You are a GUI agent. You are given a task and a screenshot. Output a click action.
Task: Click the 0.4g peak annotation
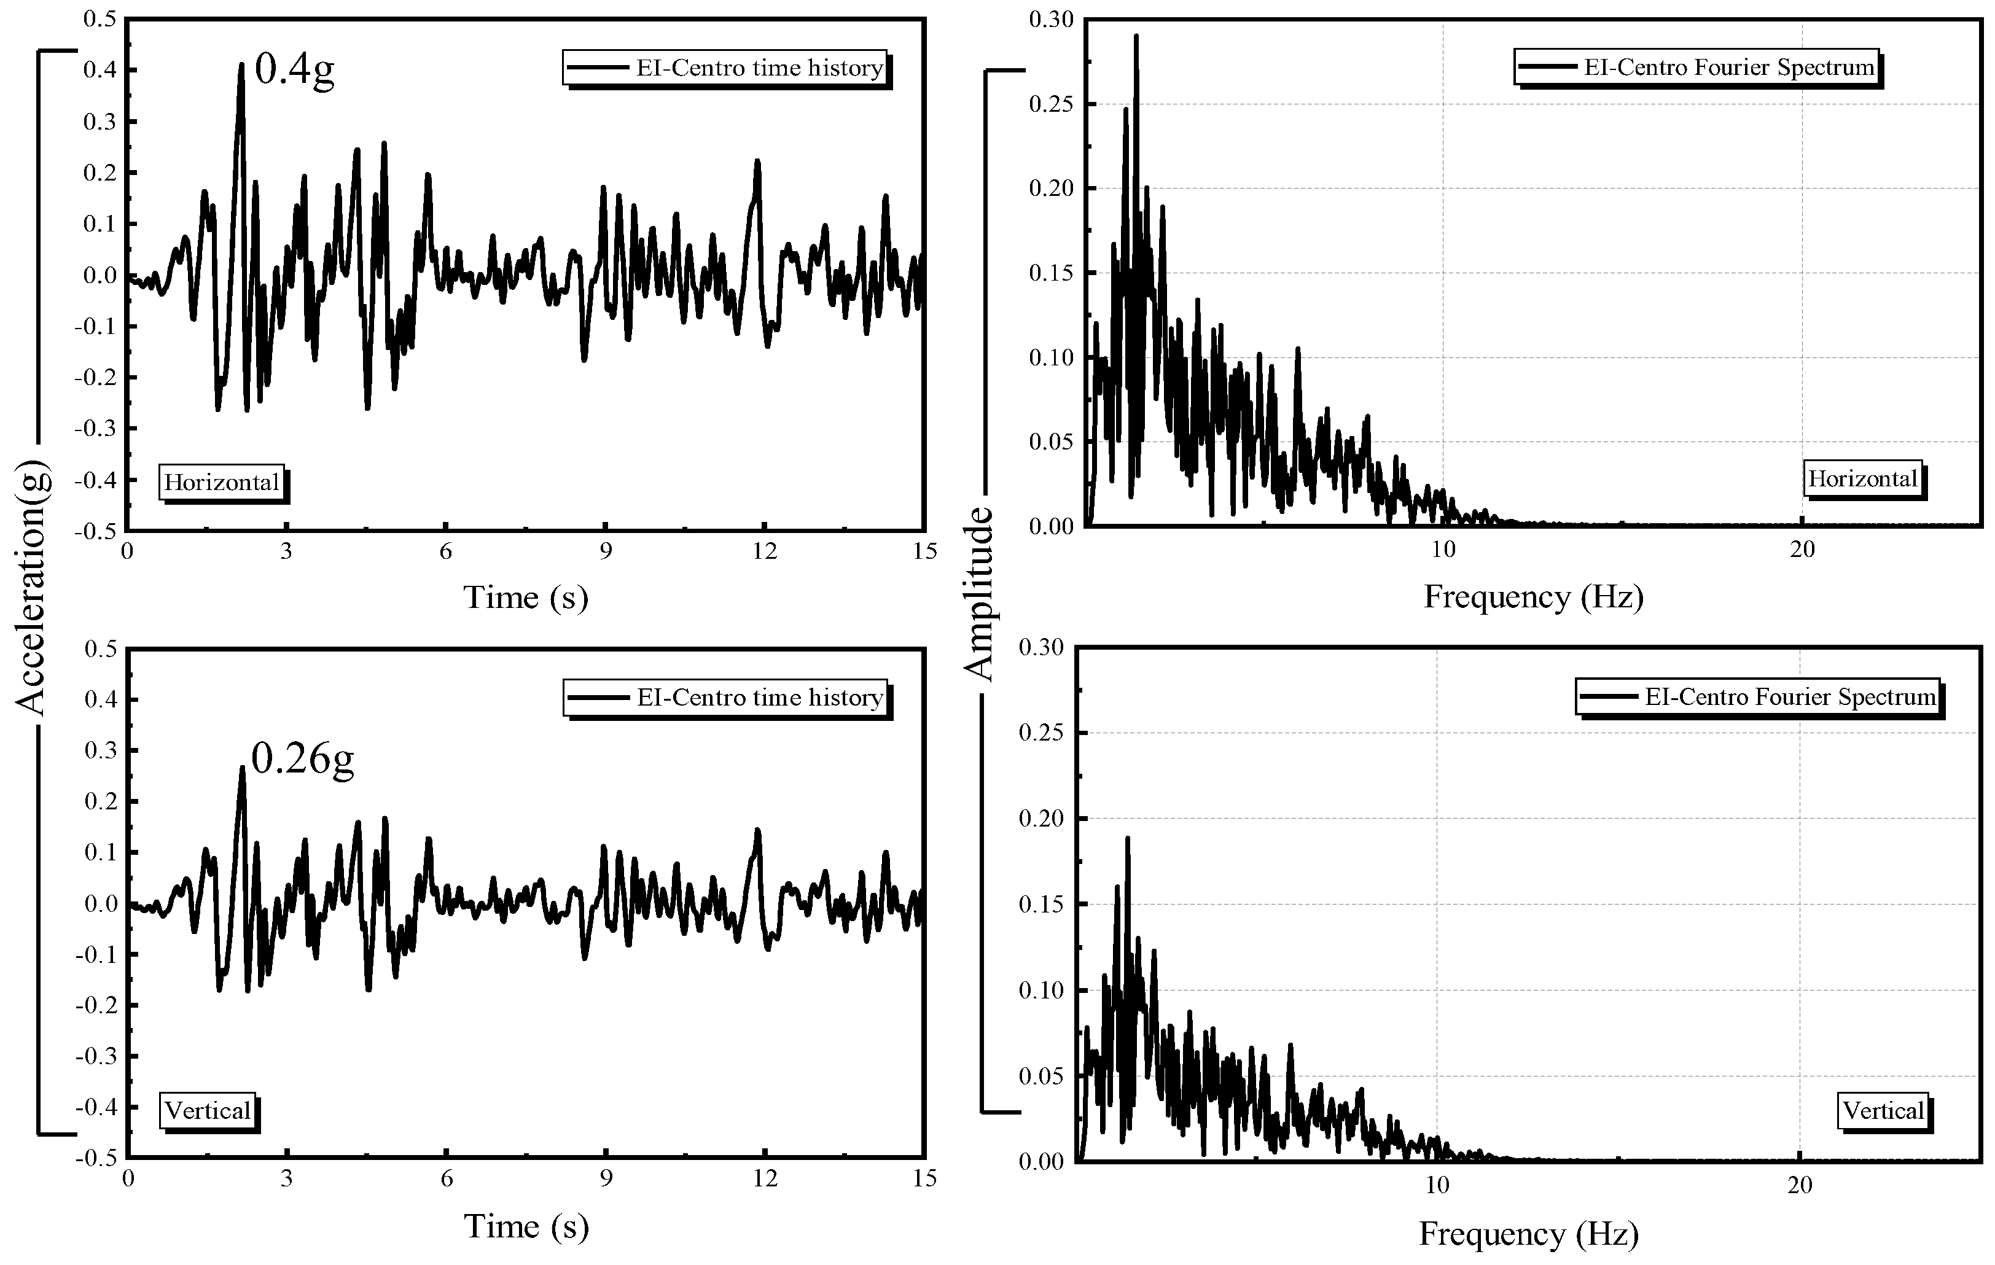tap(294, 69)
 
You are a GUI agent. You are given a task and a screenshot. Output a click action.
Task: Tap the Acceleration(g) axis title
tap(33, 590)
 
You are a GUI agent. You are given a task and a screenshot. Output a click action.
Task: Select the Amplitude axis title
tap(980, 593)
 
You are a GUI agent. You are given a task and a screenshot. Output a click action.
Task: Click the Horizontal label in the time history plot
tap(221, 482)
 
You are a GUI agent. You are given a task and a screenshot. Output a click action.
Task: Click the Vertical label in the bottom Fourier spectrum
tap(1883, 1110)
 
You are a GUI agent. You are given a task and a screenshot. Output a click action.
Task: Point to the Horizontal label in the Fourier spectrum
tap(1862, 479)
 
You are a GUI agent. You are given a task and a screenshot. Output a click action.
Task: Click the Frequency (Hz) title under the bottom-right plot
tap(1529, 1234)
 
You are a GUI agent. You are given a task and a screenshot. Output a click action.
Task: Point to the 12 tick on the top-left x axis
tap(765, 551)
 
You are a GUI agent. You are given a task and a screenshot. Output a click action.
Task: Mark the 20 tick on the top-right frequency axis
tap(1802, 549)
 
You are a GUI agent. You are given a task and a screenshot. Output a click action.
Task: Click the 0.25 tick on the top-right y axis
tap(1050, 104)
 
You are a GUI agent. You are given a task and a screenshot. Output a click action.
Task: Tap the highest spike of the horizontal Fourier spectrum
tap(1136, 36)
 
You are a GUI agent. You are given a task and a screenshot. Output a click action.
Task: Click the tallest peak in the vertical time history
tap(243, 768)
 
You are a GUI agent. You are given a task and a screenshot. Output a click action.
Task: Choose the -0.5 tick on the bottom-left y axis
tap(97, 1158)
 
